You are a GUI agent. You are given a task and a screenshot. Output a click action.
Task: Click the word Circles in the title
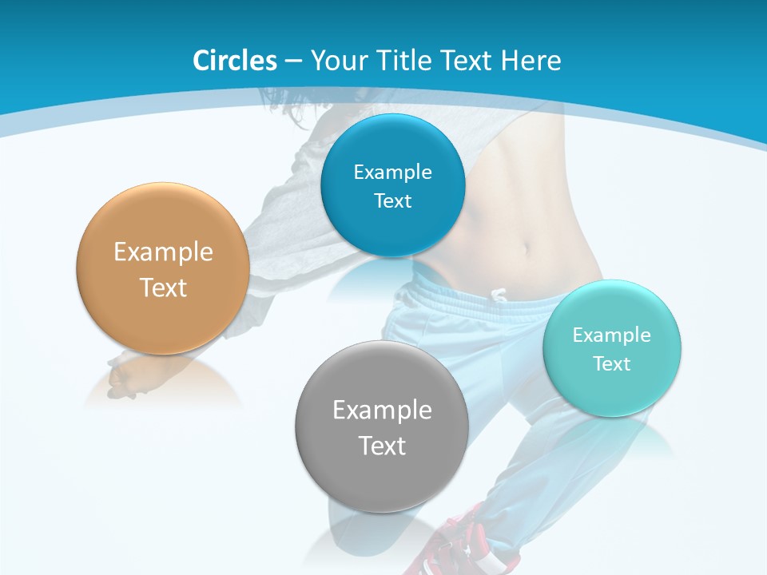click(x=235, y=61)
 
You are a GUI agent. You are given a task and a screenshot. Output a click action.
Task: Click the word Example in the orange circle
click(x=163, y=252)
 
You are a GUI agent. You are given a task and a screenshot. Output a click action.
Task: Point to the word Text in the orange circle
click(x=163, y=288)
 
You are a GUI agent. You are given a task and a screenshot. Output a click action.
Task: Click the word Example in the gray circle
click(x=382, y=410)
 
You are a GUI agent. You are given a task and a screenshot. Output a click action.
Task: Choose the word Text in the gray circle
click(x=382, y=446)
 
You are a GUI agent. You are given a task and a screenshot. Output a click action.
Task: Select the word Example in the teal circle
click(x=612, y=335)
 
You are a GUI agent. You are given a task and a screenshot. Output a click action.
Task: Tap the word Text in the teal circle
click(x=612, y=364)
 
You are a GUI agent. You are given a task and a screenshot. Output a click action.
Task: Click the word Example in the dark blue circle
click(x=392, y=172)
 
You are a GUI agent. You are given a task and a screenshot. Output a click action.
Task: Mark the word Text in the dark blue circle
click(x=392, y=201)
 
